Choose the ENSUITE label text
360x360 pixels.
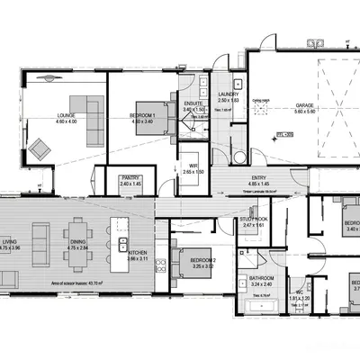coord(193,104)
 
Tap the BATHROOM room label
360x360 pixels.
coord(261,279)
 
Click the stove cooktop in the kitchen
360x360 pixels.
coord(160,266)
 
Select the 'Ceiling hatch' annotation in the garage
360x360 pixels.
coord(262,102)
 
